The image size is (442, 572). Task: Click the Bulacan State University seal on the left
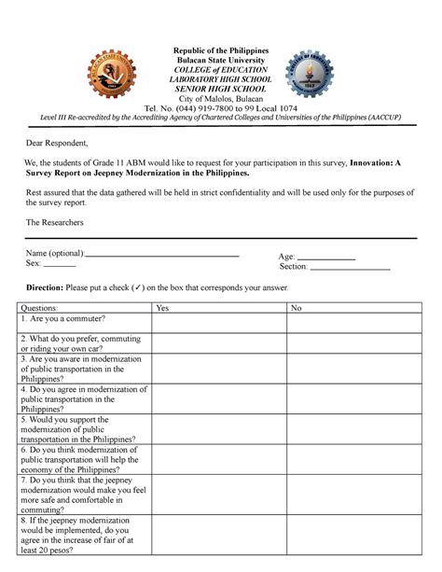tap(112, 77)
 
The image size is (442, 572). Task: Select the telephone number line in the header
tap(221, 108)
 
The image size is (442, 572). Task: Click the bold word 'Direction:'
tap(45, 288)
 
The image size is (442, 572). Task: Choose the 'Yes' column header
tap(162, 307)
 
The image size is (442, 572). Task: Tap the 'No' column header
tap(297, 307)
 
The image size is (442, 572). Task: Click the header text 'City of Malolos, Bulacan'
tap(221, 99)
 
